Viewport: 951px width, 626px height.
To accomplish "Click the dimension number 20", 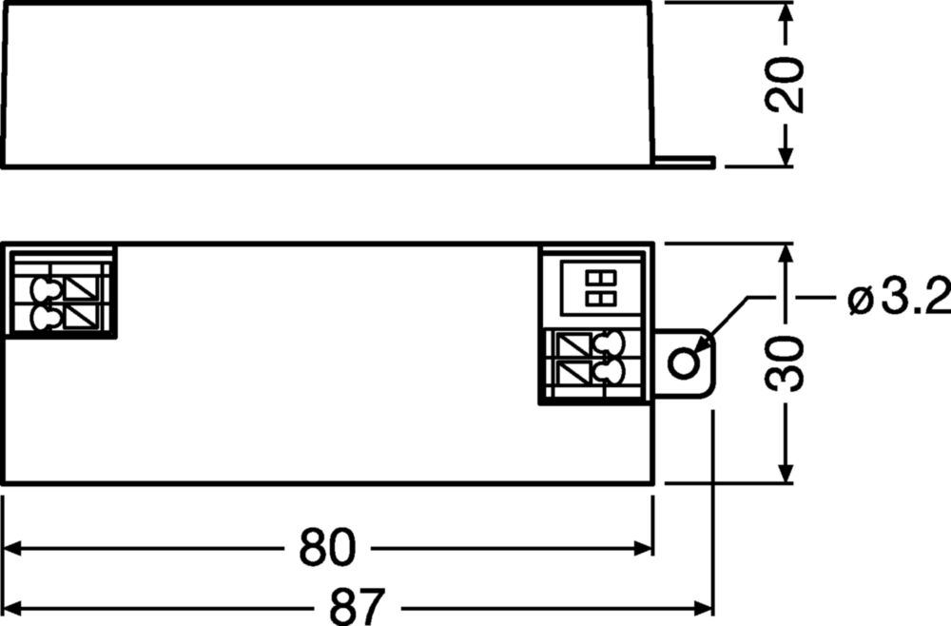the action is click(x=785, y=85).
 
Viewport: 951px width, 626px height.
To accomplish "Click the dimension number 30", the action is click(x=785, y=363).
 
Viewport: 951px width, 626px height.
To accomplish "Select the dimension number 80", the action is click(x=327, y=547).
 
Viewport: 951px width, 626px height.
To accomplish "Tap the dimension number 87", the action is click(x=358, y=606).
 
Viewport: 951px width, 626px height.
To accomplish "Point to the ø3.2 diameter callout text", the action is click(x=899, y=297).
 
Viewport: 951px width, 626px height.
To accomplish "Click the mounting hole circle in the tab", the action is click(x=684, y=363).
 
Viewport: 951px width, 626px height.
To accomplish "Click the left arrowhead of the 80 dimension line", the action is click(x=13, y=548).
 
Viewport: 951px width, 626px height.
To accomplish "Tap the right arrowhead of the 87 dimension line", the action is click(x=703, y=607).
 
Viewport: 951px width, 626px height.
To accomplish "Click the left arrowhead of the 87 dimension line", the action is click(x=13, y=607).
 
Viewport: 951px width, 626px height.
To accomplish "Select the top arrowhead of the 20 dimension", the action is click(x=786, y=12).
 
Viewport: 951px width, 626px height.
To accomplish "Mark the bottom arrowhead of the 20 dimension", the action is click(x=786, y=156).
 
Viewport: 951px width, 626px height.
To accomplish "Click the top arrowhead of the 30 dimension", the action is click(x=786, y=254).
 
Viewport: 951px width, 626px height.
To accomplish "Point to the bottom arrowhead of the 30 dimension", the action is click(x=786, y=473).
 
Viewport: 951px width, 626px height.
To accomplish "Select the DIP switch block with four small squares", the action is click(x=600, y=288).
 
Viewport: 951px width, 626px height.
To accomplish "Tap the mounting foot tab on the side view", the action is click(x=684, y=162).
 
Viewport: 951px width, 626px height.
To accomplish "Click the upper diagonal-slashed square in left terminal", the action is click(x=81, y=288).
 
